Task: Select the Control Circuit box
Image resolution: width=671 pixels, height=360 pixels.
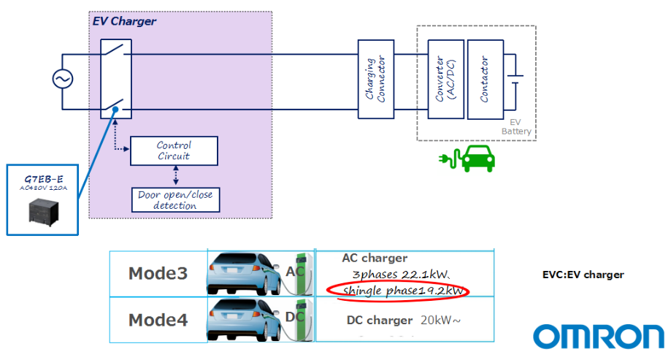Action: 173,150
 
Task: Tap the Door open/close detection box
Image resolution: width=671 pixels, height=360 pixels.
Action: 175,200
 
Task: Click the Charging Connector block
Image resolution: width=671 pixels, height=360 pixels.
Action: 375,80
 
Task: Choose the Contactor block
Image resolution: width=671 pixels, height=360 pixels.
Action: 484,80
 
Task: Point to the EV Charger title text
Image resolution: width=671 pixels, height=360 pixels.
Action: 124,21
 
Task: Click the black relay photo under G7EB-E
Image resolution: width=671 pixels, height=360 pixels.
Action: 43,211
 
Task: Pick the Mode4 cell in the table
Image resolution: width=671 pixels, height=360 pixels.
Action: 158,320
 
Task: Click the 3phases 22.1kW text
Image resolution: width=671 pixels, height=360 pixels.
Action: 399,274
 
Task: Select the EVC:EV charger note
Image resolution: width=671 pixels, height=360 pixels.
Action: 583,275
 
